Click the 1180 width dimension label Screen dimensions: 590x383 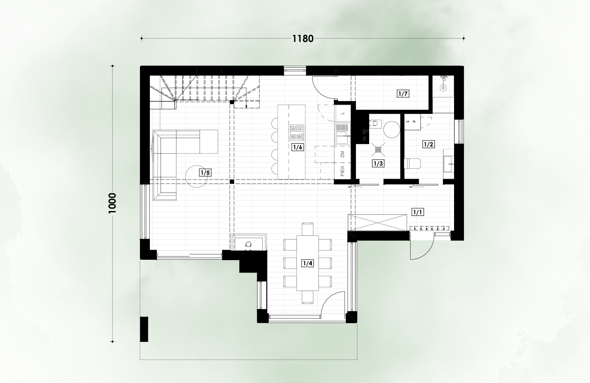click(303, 39)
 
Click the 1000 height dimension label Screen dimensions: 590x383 click(112, 203)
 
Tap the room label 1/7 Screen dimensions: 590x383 click(403, 94)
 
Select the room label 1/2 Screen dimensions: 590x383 click(428, 144)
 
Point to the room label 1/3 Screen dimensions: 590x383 click(378, 164)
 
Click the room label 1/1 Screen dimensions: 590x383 click(417, 212)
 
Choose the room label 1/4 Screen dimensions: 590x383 click(308, 263)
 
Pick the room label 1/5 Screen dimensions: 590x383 click(205, 173)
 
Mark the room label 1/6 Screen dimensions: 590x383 click(298, 147)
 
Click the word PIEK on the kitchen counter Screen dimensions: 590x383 click(342, 171)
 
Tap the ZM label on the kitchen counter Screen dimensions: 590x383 click(342, 154)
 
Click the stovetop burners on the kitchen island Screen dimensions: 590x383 click(297, 132)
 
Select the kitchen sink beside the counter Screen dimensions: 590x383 click(342, 134)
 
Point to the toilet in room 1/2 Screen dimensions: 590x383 click(412, 164)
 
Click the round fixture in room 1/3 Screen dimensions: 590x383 click(391, 129)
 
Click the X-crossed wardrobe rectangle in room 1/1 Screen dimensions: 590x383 click(378, 223)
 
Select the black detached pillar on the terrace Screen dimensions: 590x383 click(144, 329)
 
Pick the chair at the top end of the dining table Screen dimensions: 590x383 click(307, 229)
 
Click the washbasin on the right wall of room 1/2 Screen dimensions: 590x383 click(448, 164)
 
